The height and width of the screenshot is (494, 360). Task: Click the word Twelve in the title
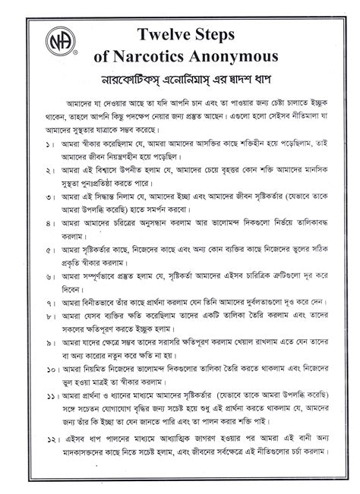(x=166, y=34)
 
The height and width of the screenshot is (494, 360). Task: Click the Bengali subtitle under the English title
(x=182, y=79)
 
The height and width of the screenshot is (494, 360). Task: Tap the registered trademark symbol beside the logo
(x=74, y=55)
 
